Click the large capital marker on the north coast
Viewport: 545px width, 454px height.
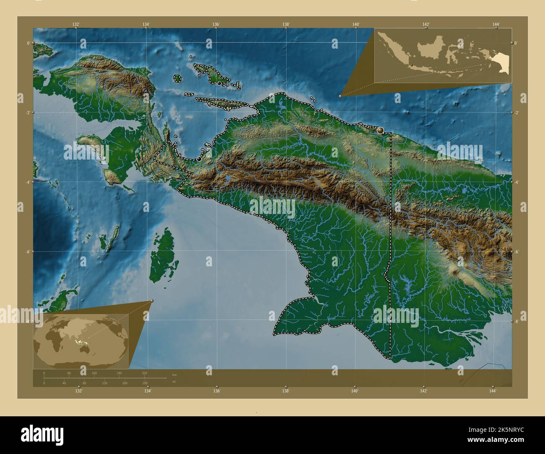pos(381,131)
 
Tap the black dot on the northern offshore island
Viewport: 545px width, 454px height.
pos(219,83)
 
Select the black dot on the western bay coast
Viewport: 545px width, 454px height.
pos(199,159)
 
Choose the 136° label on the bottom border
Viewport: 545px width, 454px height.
pos(216,391)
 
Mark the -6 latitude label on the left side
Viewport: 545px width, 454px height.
pos(28,252)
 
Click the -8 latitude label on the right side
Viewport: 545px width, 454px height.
pos(516,322)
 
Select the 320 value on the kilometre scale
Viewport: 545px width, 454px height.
pos(144,373)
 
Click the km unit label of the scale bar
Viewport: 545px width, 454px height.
pos(174,374)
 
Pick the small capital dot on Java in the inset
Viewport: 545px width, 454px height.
pos(412,65)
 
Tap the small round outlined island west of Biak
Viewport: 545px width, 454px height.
pos(177,78)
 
